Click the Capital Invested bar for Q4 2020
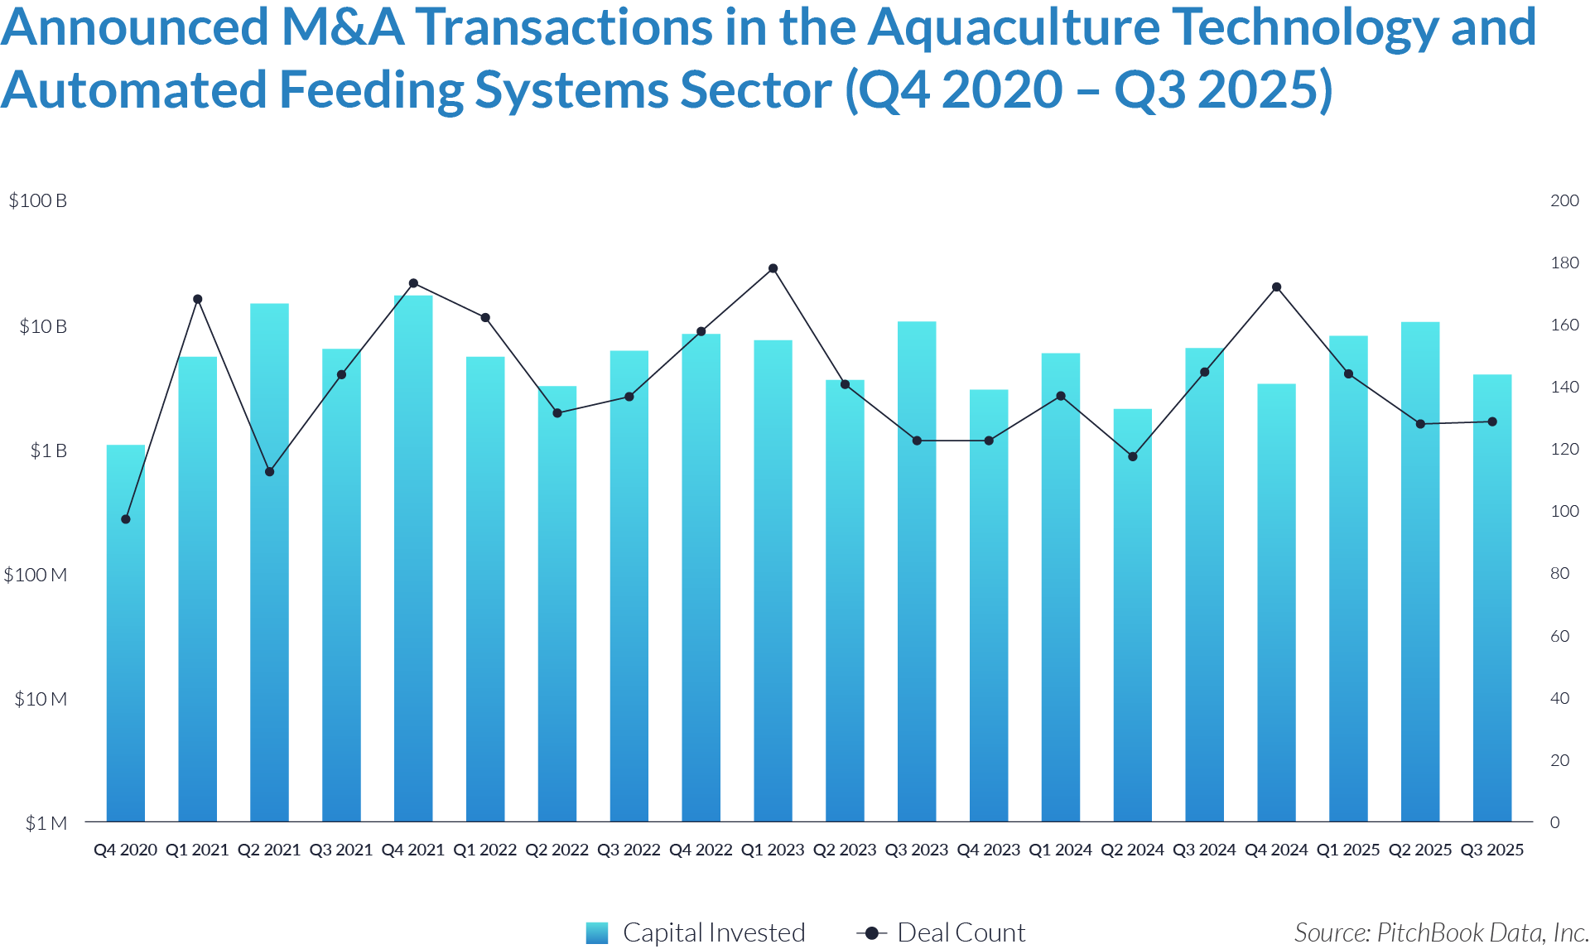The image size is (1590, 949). click(x=125, y=633)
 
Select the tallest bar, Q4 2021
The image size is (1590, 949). click(x=413, y=559)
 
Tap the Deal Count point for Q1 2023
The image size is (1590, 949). click(x=773, y=268)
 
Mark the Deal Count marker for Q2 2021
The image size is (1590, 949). click(x=269, y=472)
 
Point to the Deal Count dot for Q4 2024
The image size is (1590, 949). click(x=1276, y=287)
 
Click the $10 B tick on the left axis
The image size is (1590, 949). click(x=42, y=326)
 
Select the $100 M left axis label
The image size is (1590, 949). click(x=35, y=575)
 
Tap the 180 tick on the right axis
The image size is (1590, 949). click(x=1564, y=263)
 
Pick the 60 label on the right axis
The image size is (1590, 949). click(x=1559, y=636)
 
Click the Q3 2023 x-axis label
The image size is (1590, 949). click(x=916, y=850)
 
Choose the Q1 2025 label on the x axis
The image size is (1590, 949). click(x=1347, y=850)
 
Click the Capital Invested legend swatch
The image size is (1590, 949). click(x=596, y=932)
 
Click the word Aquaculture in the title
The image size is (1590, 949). click(x=1014, y=27)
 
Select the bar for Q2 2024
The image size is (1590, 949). click(x=1132, y=614)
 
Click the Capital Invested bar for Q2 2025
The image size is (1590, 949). click(x=1419, y=571)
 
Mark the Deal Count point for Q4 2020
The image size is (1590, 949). click(x=126, y=519)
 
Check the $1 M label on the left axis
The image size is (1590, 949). click(x=46, y=823)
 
